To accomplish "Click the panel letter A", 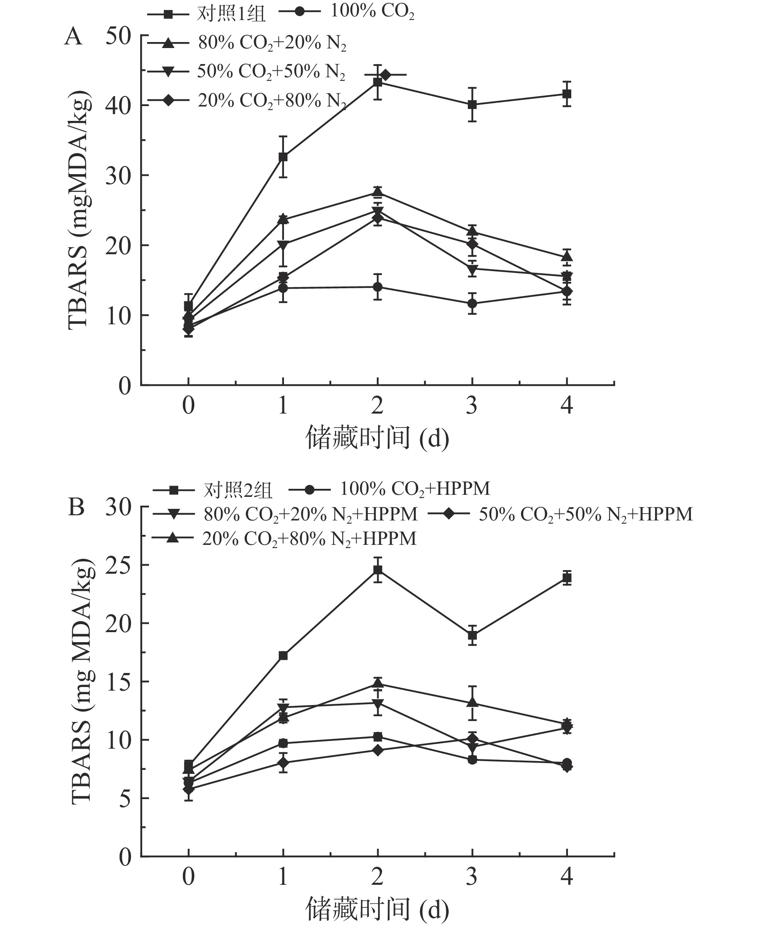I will click(x=73, y=36).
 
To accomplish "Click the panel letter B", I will click(x=77, y=507).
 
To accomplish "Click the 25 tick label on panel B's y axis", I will click(x=118, y=565).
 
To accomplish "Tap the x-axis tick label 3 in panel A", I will click(x=472, y=406).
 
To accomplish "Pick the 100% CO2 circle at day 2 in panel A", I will click(x=378, y=287).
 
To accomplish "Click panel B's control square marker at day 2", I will click(x=378, y=570).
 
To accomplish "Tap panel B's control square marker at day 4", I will click(x=566, y=578).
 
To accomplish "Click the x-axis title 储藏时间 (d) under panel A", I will click(x=377, y=438).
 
